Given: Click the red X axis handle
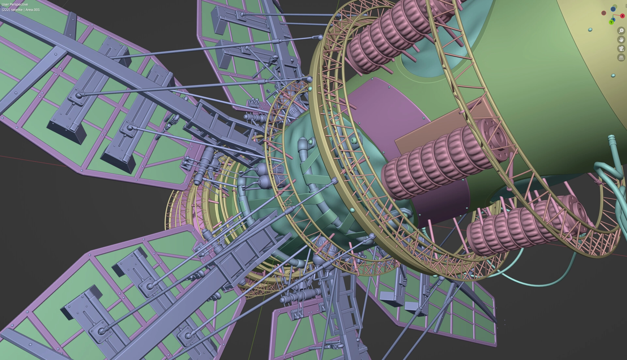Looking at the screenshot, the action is (x=622, y=16).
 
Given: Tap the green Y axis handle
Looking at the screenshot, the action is (x=611, y=22).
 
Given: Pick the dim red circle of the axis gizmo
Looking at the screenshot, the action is (x=604, y=13).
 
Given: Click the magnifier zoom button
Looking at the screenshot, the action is (x=621, y=31).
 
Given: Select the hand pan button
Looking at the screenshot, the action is (x=621, y=39).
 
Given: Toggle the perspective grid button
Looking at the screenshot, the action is (x=621, y=57).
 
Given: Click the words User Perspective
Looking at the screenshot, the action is (x=15, y=4).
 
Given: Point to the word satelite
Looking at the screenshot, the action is (x=17, y=10).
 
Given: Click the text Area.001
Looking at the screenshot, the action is (x=33, y=10).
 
